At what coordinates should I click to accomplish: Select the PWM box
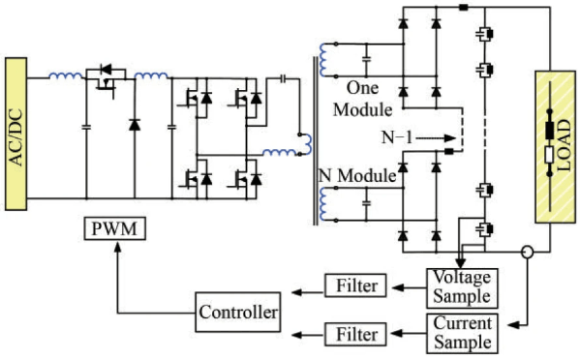[x=114, y=230]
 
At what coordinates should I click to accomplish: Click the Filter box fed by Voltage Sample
[x=358, y=286]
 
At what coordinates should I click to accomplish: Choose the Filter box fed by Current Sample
[x=358, y=336]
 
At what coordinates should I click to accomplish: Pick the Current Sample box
[x=459, y=332]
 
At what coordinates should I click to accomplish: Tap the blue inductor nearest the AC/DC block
[x=65, y=76]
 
